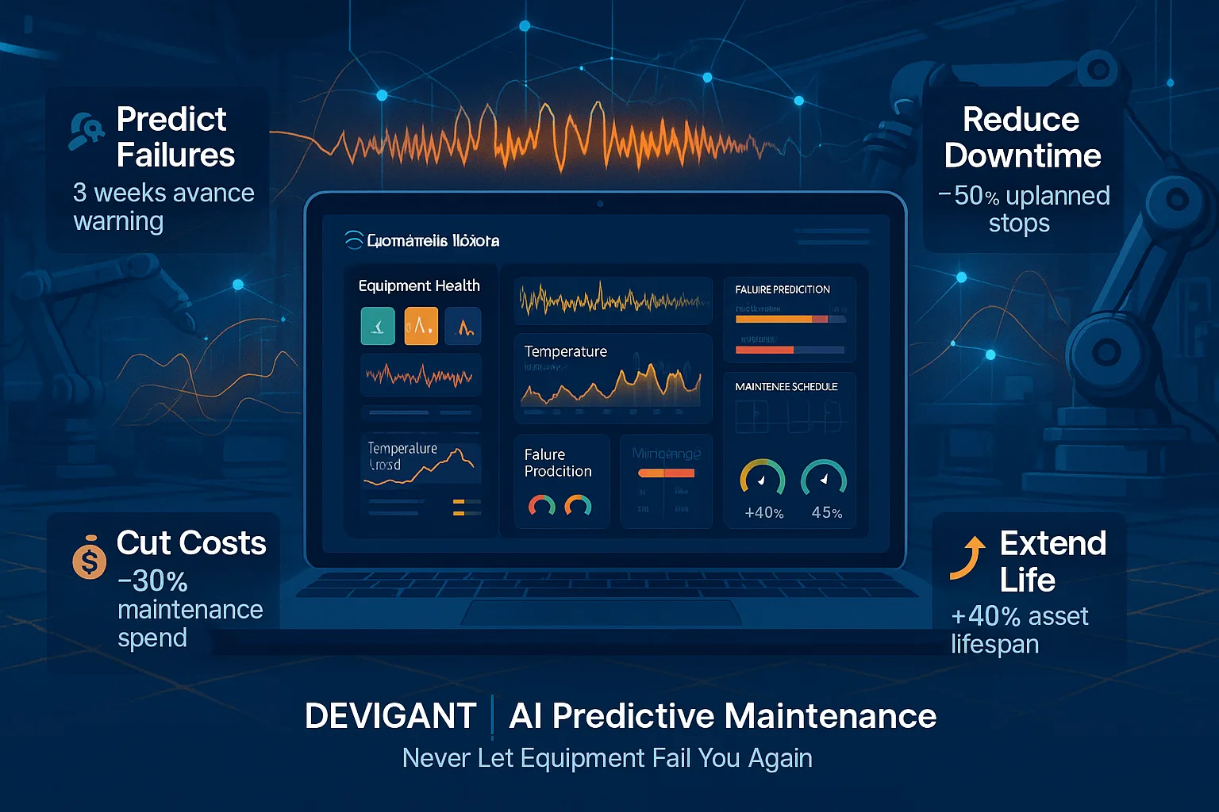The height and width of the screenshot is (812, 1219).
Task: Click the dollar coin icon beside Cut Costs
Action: click(89, 560)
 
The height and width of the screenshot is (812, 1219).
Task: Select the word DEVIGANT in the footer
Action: click(390, 716)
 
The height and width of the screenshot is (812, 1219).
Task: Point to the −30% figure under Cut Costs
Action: click(152, 581)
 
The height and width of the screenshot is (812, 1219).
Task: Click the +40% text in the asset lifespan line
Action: click(984, 616)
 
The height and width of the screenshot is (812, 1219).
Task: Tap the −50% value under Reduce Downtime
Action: click(968, 196)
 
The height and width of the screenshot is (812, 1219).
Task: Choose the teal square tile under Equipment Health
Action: click(378, 326)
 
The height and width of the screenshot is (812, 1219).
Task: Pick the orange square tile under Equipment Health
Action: click(421, 326)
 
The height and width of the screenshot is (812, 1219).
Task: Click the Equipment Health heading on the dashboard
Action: click(419, 285)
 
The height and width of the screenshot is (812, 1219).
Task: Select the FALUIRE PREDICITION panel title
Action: click(783, 289)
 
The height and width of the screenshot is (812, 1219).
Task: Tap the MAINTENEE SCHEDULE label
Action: click(786, 387)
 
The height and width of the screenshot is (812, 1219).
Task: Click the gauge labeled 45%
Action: click(824, 479)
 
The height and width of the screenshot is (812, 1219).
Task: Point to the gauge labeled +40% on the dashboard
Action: click(763, 479)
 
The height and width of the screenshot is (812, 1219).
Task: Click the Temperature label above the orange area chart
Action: click(566, 351)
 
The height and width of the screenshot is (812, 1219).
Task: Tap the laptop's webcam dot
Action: click(600, 204)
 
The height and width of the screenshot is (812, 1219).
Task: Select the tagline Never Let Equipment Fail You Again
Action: click(607, 758)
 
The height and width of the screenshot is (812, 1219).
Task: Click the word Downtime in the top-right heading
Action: click(1022, 155)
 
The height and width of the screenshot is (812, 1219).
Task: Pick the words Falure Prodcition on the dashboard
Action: click(558, 463)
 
